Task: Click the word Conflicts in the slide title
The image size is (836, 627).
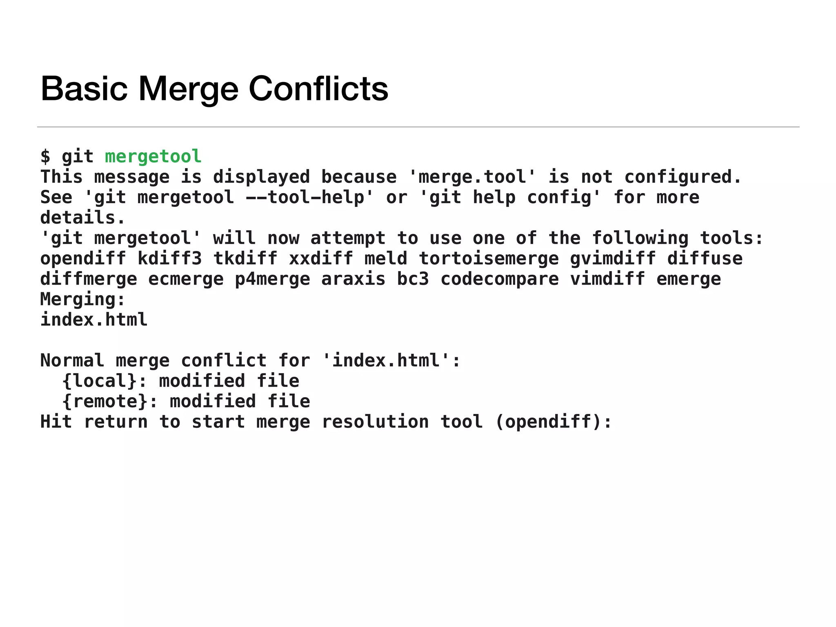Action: [x=318, y=89]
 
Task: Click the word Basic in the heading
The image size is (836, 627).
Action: [x=84, y=89]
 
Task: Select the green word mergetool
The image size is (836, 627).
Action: [x=153, y=156]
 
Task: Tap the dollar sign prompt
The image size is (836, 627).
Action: [x=45, y=157]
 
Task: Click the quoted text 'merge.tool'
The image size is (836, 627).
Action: [x=472, y=177]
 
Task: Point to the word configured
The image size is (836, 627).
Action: [x=683, y=177]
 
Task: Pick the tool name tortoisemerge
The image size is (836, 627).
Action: [x=489, y=258]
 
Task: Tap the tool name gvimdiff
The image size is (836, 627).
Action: [x=613, y=258]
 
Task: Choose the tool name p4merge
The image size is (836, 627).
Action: [x=272, y=279]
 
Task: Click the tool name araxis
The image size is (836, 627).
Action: [x=353, y=279]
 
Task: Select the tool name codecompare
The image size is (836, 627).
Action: [x=500, y=279]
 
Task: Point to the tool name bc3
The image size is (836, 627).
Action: [x=413, y=279]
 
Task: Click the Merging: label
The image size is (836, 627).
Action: [x=82, y=299]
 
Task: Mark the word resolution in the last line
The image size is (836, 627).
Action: [x=375, y=422]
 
